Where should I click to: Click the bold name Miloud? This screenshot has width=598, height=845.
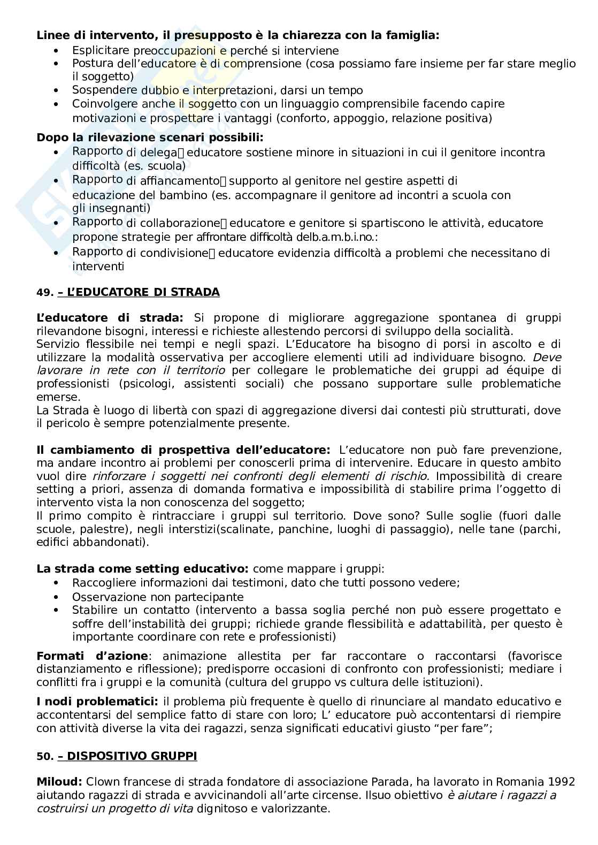[59, 782]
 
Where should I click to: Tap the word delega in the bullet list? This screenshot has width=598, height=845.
[160, 153]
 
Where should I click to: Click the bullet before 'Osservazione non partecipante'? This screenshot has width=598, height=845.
[57, 597]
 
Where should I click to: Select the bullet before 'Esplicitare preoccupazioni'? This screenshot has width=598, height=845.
[57, 51]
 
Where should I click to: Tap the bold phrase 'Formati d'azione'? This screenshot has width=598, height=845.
[92, 656]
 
